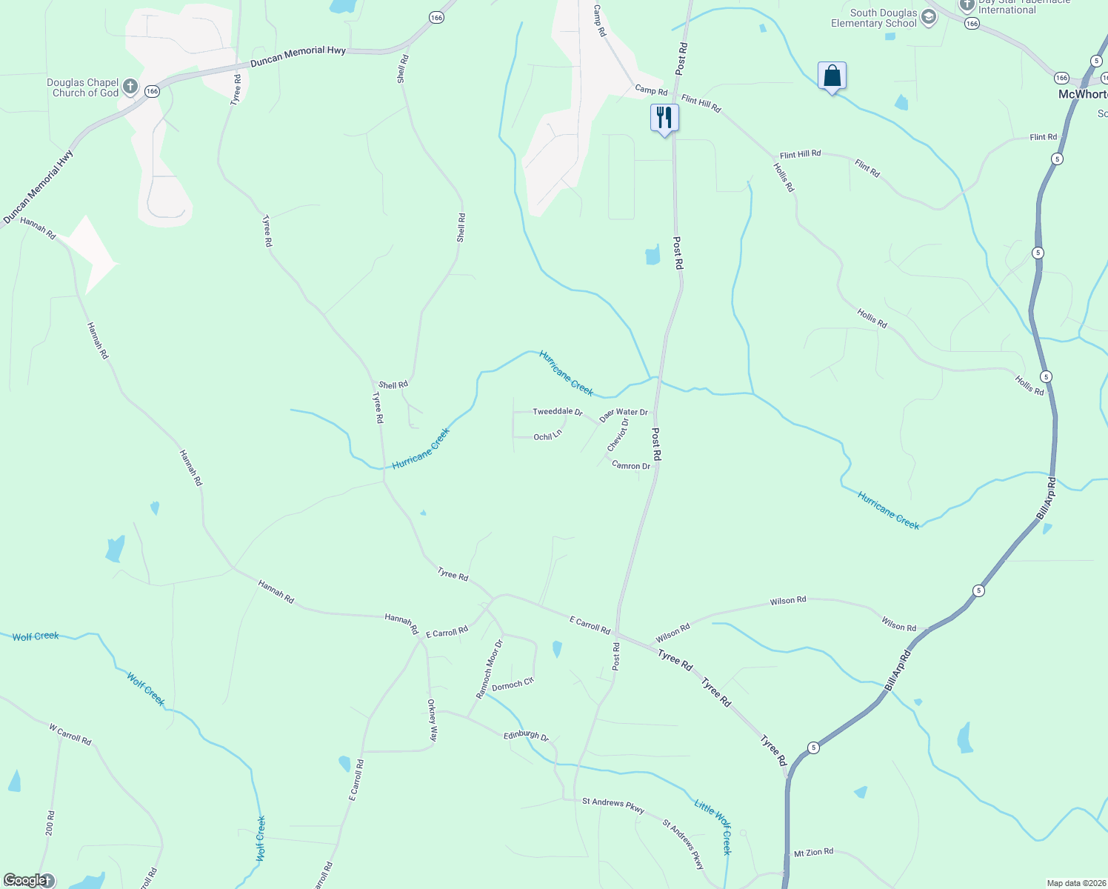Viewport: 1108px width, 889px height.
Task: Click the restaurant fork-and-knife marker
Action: coord(664,118)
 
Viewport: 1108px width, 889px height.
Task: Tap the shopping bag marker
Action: coord(832,76)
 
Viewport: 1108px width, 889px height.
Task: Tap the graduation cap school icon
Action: coord(929,17)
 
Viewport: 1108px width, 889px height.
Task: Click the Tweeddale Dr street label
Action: coord(558,412)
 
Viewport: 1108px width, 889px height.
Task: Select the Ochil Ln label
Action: coord(547,437)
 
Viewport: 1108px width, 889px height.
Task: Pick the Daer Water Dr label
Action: coord(624,415)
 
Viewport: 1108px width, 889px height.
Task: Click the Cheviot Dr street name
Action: coord(618,435)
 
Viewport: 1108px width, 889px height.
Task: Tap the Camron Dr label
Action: coord(631,466)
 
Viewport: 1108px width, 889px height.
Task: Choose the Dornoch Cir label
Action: coord(513,685)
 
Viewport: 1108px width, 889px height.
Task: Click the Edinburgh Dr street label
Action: coord(526,736)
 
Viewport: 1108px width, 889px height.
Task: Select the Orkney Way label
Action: coord(433,720)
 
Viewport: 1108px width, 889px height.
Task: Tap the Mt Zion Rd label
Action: coord(813,853)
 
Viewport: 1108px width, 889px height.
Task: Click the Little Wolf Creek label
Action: coord(713,827)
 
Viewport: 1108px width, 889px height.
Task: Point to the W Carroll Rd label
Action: coord(70,734)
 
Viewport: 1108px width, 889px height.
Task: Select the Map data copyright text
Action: coord(1075,883)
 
